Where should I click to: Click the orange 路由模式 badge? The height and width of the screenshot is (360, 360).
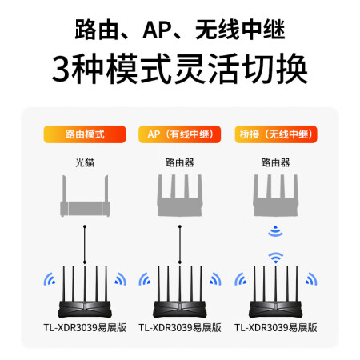pyautogui.click(x=85, y=134)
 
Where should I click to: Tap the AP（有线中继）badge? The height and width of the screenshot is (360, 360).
pyautogui.click(x=180, y=134)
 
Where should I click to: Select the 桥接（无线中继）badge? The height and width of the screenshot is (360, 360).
pyautogui.click(x=276, y=134)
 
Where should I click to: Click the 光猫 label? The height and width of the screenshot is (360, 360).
pyautogui.click(x=85, y=162)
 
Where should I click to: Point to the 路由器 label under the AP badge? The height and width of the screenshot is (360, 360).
pyautogui.click(x=180, y=162)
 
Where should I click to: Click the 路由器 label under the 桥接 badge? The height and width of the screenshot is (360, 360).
pyautogui.click(x=275, y=162)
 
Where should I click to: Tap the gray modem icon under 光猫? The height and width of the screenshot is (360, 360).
pyautogui.click(x=85, y=196)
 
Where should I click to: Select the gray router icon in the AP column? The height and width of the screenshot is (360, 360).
pyautogui.click(x=180, y=195)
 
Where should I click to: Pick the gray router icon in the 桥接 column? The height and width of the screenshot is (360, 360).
pyautogui.click(x=275, y=195)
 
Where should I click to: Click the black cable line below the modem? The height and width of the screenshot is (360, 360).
pyautogui.click(x=85, y=244)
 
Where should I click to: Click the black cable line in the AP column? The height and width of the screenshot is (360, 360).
pyautogui.click(x=180, y=244)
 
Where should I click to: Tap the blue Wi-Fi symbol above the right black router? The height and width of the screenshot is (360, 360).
pyautogui.click(x=275, y=258)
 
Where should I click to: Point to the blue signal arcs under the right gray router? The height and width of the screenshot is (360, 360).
pyautogui.click(x=275, y=231)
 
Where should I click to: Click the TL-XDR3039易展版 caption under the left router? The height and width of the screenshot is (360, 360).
pyautogui.click(x=85, y=327)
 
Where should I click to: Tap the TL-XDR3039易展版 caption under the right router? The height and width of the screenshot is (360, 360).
pyautogui.click(x=276, y=327)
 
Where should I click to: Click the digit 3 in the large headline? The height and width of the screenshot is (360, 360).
pyautogui.click(x=61, y=69)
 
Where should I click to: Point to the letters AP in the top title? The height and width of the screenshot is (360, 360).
pyautogui.click(x=158, y=30)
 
